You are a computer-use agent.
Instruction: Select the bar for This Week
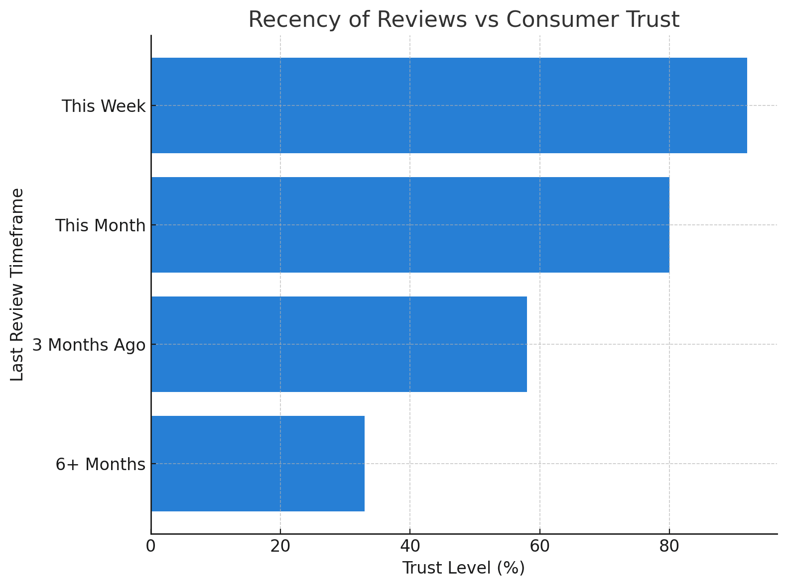click(448, 105)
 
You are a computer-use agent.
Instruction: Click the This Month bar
click(410, 225)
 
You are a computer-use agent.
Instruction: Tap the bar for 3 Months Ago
click(339, 344)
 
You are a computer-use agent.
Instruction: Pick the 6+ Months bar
click(258, 464)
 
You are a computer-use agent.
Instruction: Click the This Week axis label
click(104, 106)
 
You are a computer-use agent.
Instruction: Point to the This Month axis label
click(100, 226)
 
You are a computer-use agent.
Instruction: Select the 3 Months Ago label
click(89, 345)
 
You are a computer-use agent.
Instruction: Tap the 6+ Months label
click(100, 465)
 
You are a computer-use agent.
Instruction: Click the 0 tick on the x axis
click(151, 546)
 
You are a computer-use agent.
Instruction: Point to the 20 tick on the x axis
click(280, 546)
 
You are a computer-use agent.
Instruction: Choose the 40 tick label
click(410, 546)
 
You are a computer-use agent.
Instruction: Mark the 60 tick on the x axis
click(539, 546)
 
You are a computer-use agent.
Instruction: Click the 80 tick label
click(669, 546)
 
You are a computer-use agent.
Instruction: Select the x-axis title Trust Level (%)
click(463, 568)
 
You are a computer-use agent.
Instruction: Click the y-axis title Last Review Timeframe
click(17, 285)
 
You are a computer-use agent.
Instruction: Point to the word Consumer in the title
click(564, 20)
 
